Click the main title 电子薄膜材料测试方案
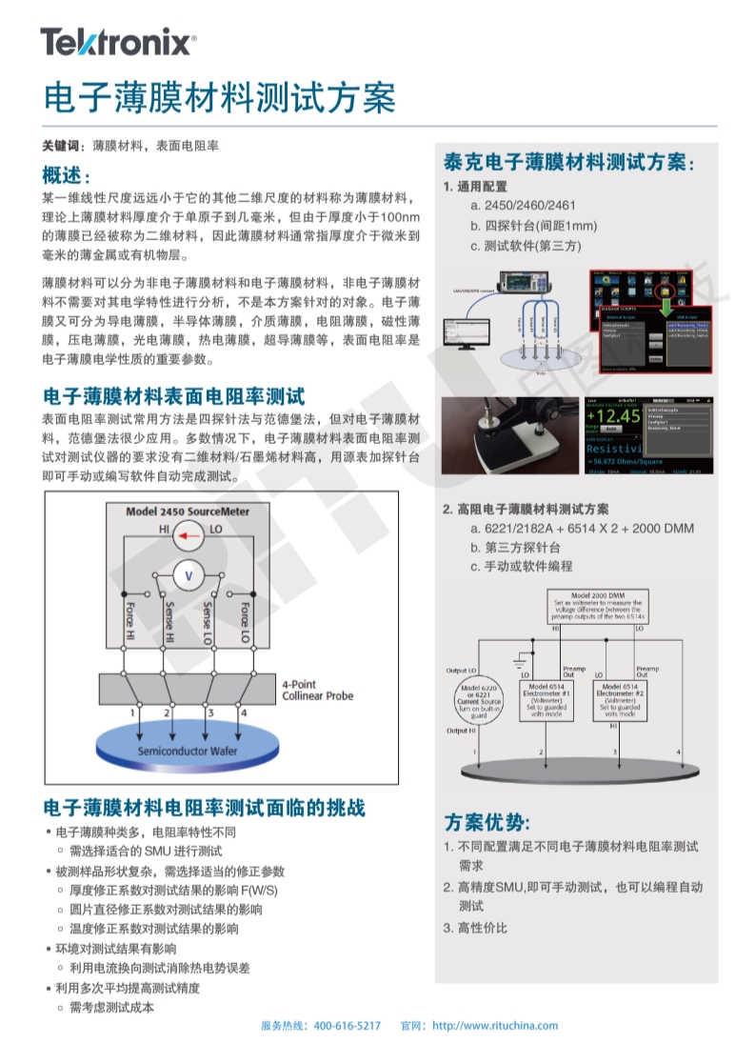coord(219,97)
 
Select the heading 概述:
coord(67,176)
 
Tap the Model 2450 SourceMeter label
coord(188,512)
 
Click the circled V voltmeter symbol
coord(189,576)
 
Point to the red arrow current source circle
coord(189,538)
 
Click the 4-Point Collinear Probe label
coord(317,690)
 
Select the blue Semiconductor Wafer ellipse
coord(189,750)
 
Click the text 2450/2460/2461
coord(530,206)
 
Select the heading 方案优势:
coord(487,821)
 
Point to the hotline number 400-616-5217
coord(347,1025)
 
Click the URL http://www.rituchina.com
coord(495,1025)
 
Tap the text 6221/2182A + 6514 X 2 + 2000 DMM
coord(589,529)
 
